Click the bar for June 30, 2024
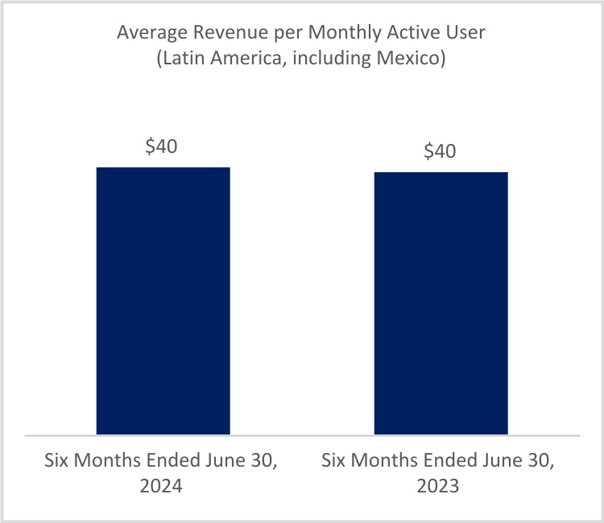point(163,301)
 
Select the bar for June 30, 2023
point(441,303)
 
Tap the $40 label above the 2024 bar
point(162,147)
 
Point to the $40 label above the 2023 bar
point(441,152)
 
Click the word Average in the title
point(148,33)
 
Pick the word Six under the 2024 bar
point(57,462)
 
